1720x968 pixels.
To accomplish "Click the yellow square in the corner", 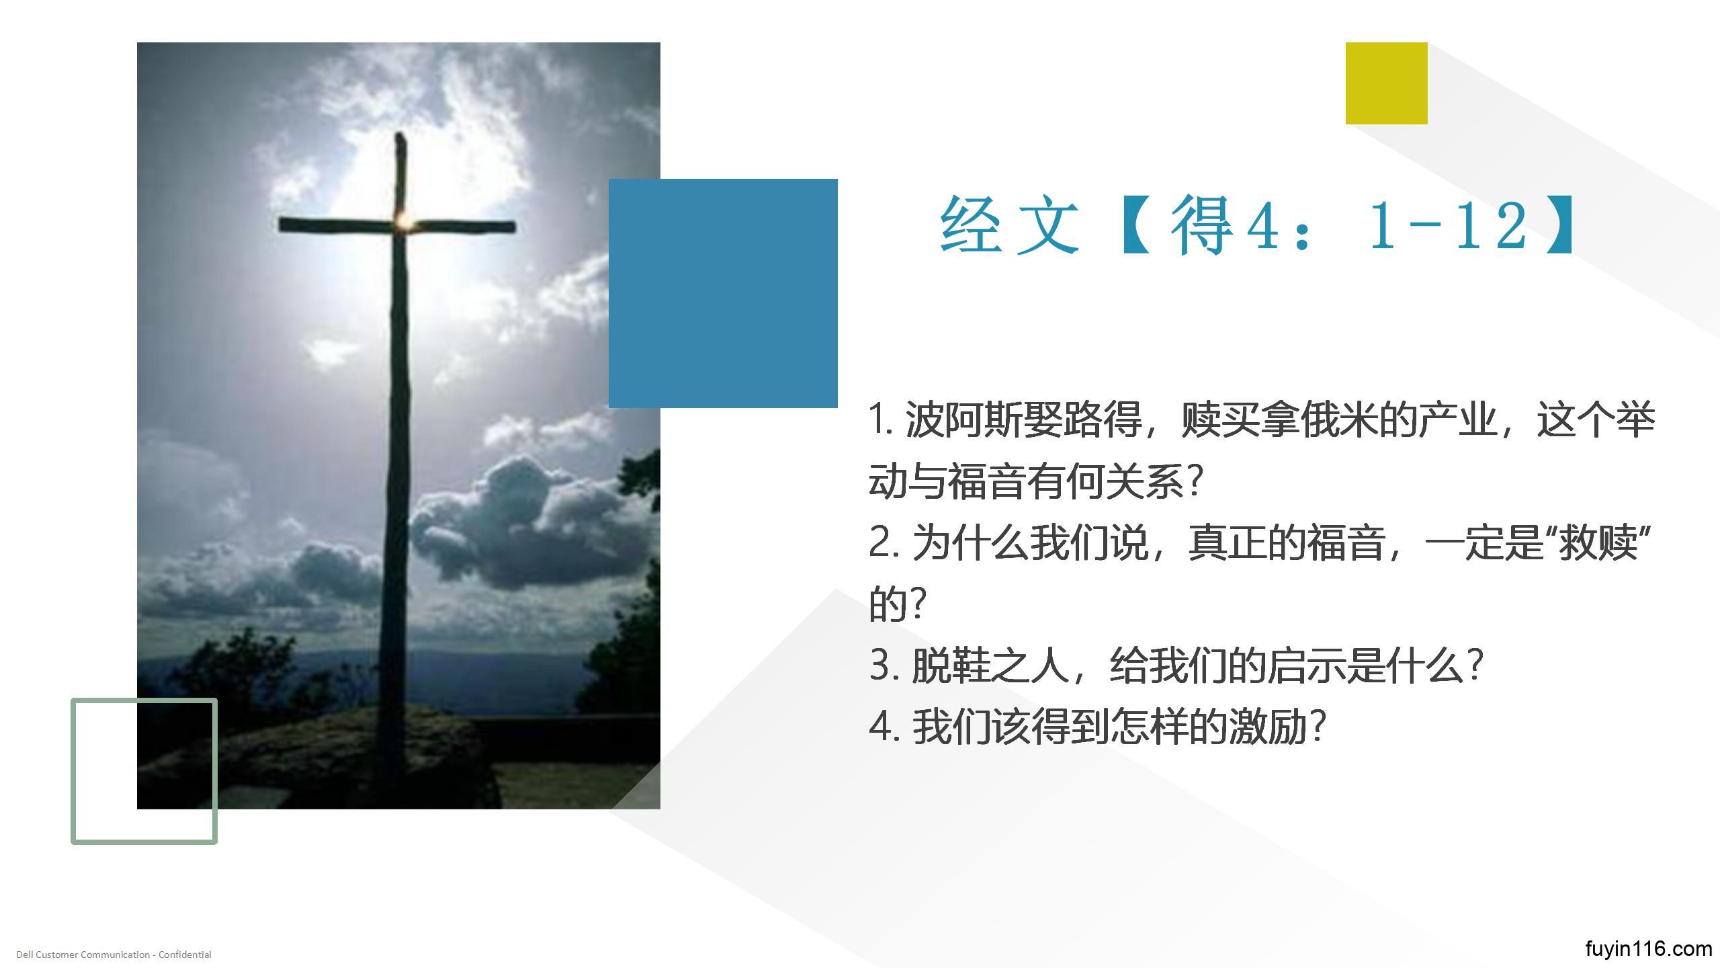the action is [1386, 83].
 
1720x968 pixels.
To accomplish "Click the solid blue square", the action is [723, 293].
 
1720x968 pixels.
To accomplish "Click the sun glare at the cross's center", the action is [404, 220].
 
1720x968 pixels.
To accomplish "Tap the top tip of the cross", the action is [400, 134].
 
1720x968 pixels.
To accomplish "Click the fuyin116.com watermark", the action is [1648, 949].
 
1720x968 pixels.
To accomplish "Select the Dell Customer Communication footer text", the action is [114, 955].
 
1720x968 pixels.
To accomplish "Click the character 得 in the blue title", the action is [1203, 225].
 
